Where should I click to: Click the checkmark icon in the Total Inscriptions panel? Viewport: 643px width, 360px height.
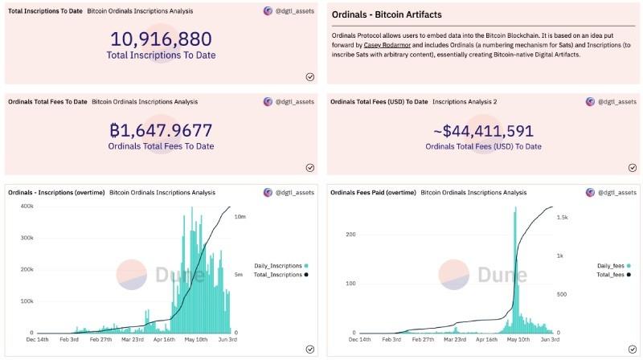pos(309,76)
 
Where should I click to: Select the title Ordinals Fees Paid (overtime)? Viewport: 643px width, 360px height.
pos(373,193)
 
